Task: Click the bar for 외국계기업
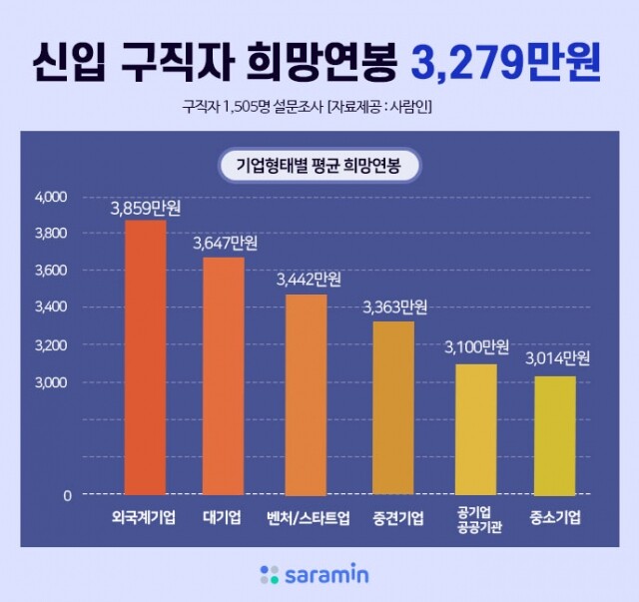(x=145, y=357)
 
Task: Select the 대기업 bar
(x=223, y=375)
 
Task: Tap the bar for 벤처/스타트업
(x=306, y=394)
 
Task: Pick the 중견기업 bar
(x=392, y=407)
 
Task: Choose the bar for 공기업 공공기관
(x=476, y=429)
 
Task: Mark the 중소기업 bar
(x=555, y=435)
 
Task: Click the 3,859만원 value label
(x=145, y=210)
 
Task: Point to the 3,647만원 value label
(x=223, y=244)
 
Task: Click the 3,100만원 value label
(x=476, y=347)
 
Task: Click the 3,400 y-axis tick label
(x=51, y=307)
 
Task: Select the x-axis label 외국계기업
(x=145, y=518)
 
